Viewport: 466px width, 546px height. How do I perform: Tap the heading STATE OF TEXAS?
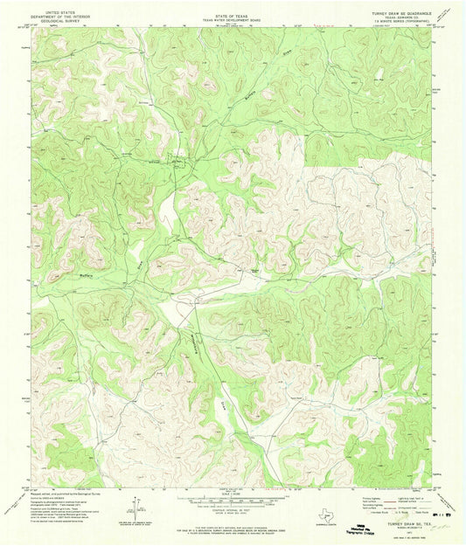(x=233, y=10)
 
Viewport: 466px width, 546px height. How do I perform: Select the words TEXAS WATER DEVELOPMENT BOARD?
(x=233, y=16)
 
